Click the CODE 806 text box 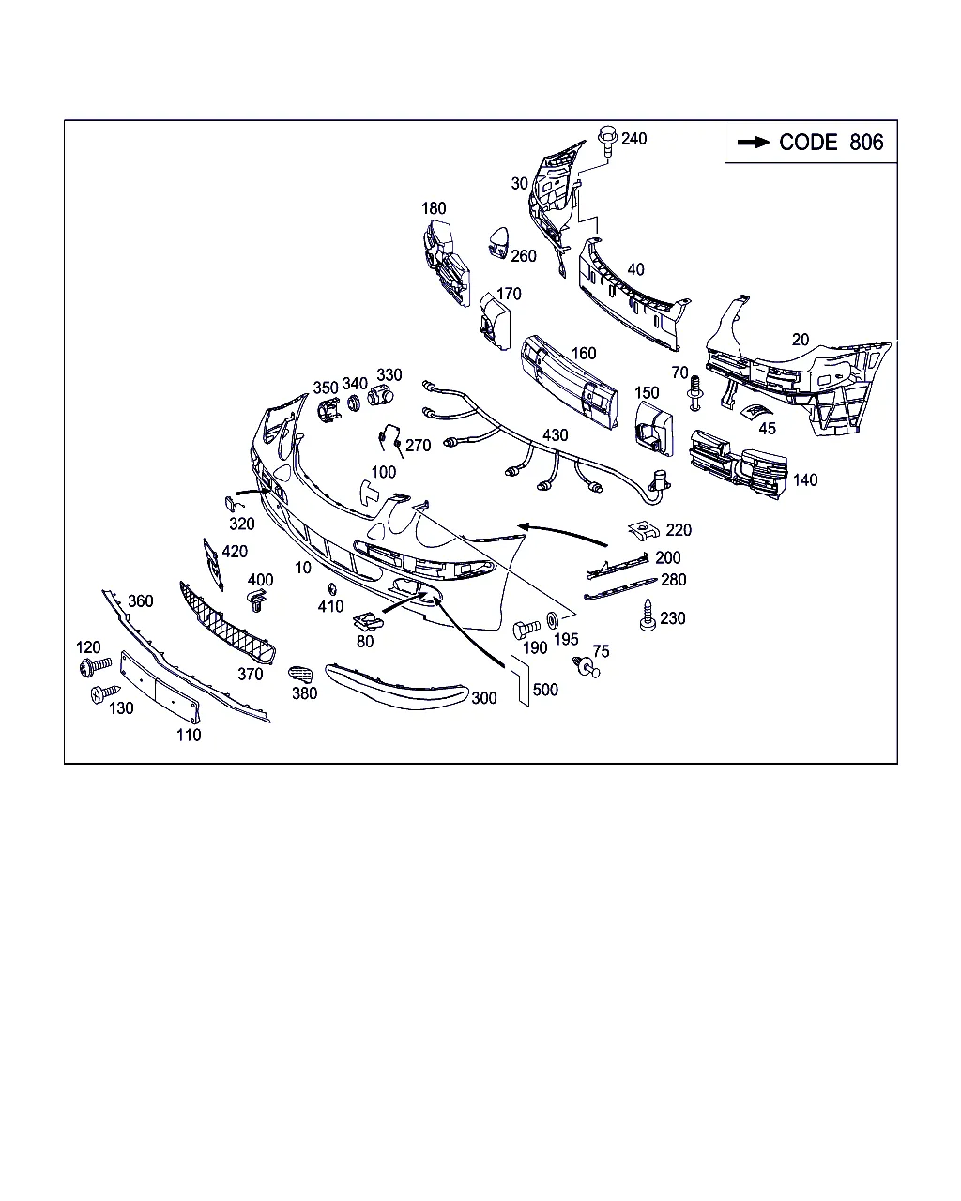[x=810, y=142]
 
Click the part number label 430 [x=555, y=434]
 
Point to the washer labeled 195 [x=552, y=619]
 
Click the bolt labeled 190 [x=526, y=629]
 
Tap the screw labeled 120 [x=95, y=666]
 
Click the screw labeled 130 [x=105, y=693]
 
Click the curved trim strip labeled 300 [x=396, y=687]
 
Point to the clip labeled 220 [x=643, y=530]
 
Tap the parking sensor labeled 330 [x=380, y=395]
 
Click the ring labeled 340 [x=354, y=403]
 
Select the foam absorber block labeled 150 [x=654, y=429]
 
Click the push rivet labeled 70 [x=694, y=393]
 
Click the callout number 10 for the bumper [x=302, y=568]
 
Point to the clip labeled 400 [x=256, y=600]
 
